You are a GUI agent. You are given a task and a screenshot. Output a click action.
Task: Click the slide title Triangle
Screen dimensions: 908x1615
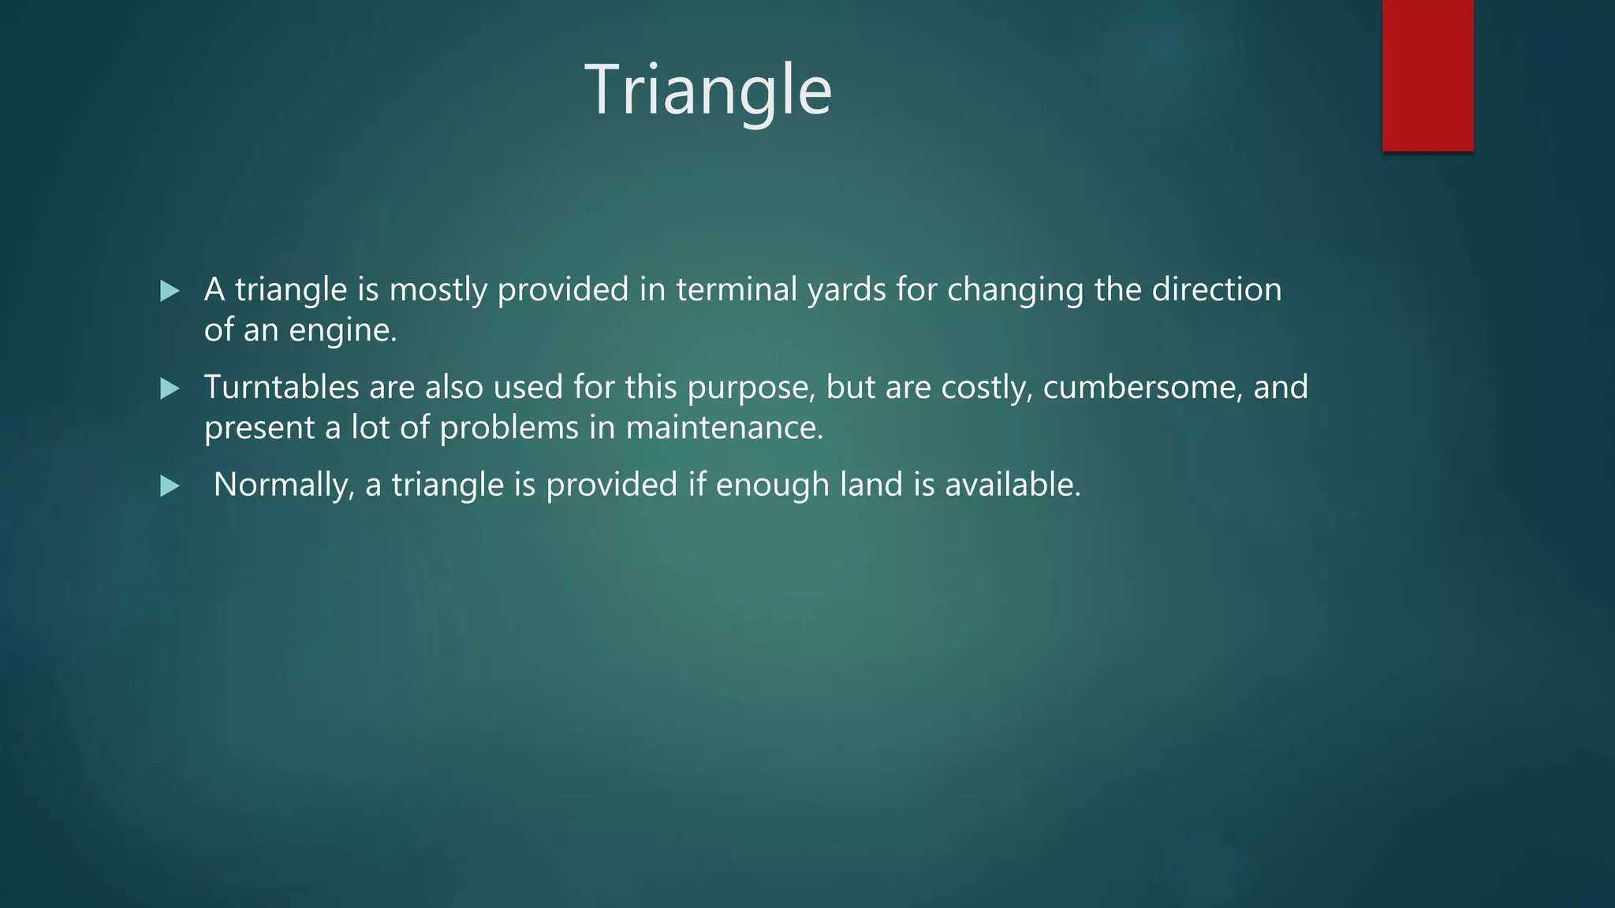tap(707, 90)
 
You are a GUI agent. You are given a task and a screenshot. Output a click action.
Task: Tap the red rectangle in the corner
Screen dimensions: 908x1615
tap(1427, 76)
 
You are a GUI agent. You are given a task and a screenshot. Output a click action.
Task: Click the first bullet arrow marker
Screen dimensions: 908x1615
tap(170, 291)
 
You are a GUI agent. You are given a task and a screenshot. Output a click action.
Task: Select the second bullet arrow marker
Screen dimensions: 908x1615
tap(170, 389)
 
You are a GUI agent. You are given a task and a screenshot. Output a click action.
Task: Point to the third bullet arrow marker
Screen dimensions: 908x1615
tap(170, 486)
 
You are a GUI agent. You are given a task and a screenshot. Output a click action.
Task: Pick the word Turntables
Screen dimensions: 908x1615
tap(282, 387)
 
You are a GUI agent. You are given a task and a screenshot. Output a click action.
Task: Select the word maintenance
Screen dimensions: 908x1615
tap(724, 428)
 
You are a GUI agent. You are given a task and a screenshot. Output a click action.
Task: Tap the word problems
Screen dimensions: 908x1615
tap(509, 428)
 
